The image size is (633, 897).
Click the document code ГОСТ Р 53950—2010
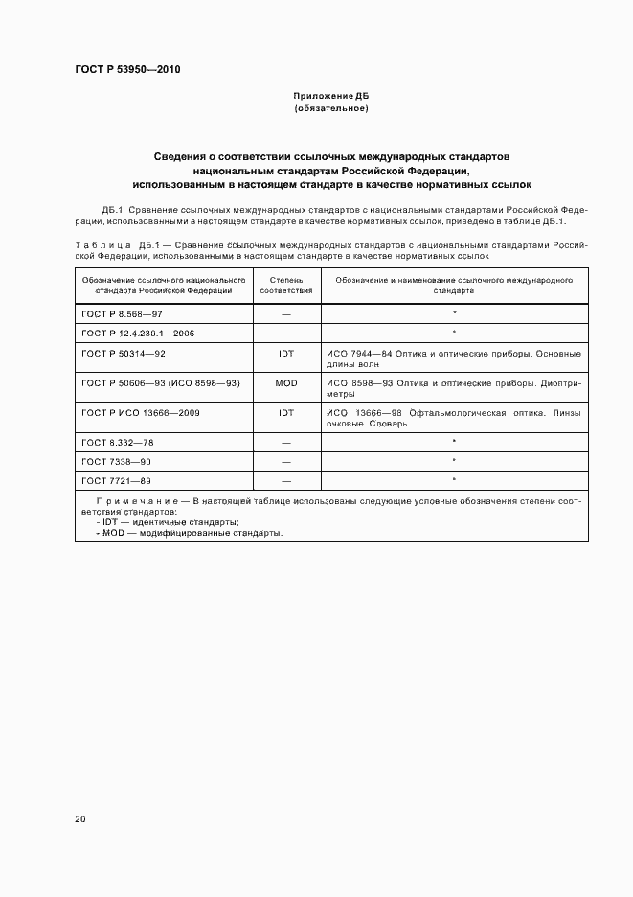click(127, 70)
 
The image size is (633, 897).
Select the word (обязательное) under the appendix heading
click(330, 109)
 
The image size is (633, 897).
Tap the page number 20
click(79, 819)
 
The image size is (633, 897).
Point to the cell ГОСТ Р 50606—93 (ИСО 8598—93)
click(161, 382)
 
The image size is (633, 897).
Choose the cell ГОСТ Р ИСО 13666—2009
click(141, 412)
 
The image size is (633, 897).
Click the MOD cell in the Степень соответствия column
click(286, 382)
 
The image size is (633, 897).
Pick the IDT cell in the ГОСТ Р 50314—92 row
click(286, 353)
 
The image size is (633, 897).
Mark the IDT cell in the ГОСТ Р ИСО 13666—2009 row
click(286, 412)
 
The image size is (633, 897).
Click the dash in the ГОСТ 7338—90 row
click(286, 461)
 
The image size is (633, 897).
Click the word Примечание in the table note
click(133, 501)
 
